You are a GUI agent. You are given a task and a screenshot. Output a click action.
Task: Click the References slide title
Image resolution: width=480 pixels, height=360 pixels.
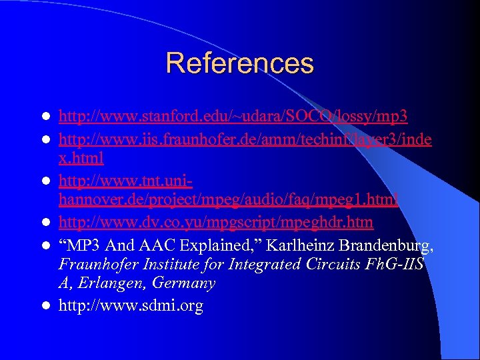pyautogui.click(x=239, y=63)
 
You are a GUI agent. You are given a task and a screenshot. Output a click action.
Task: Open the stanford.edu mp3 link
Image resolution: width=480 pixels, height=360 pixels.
pyautogui.click(x=233, y=117)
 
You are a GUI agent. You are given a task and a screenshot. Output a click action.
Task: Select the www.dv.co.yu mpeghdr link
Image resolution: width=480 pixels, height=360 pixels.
pyautogui.click(x=216, y=221)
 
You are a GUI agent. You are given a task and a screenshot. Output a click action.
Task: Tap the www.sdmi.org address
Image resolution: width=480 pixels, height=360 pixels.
pyautogui.click(x=131, y=306)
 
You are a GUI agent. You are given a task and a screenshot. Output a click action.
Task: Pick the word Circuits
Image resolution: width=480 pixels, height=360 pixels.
pyautogui.click(x=323, y=264)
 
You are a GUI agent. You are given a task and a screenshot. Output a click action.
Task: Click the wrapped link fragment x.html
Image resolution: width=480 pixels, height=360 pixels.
pyautogui.click(x=81, y=159)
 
